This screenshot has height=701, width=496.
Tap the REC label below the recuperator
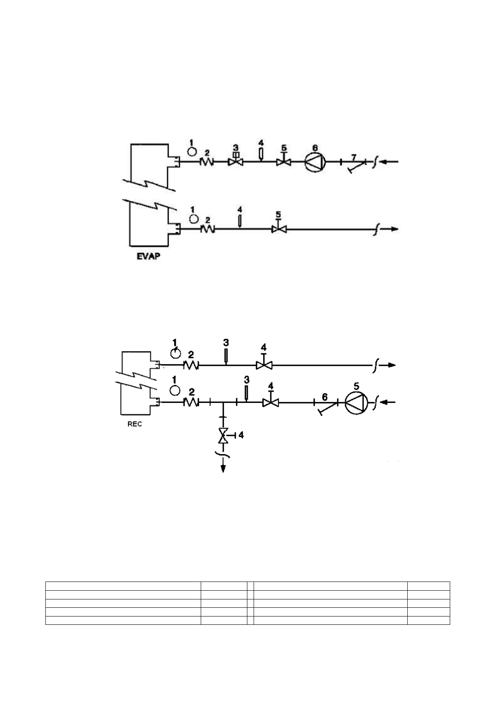click(135, 425)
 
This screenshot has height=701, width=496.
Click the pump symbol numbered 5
click(356, 402)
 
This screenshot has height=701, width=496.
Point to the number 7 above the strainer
click(354, 157)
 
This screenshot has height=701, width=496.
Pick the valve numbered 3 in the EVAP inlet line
click(236, 161)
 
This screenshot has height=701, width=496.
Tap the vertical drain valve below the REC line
click(224, 435)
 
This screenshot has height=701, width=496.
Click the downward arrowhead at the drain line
click(224, 468)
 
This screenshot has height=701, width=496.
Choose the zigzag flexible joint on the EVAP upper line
click(207, 161)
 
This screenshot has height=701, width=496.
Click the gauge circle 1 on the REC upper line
click(176, 353)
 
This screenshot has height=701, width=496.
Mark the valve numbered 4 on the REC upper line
click(263, 365)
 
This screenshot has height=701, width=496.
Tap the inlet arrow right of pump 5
click(389, 402)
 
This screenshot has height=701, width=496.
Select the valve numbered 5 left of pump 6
click(284, 161)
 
